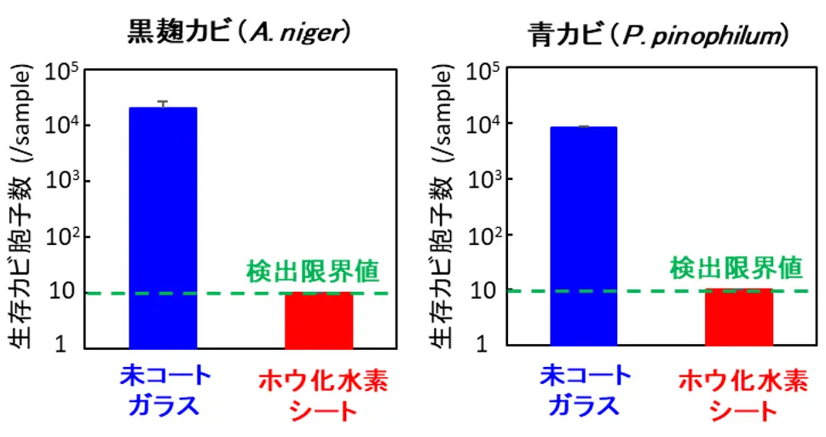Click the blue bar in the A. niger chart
pos(162,227)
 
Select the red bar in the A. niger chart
pos(318,320)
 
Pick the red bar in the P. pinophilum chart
pos(738,318)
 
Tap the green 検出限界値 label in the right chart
pos(736,269)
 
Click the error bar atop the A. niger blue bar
pos(162,104)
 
